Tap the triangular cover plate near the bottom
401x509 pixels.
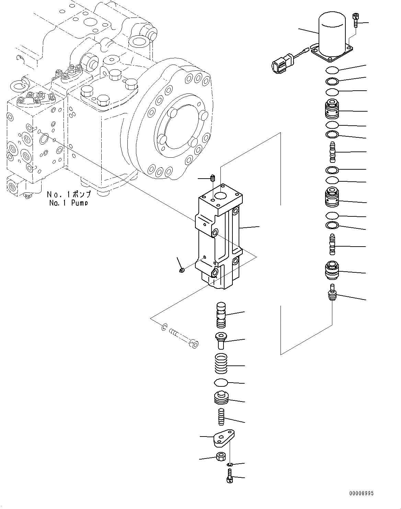point(223,438)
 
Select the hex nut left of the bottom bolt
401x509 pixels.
point(220,457)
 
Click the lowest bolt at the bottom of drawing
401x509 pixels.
point(230,477)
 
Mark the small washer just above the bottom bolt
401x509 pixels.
point(230,465)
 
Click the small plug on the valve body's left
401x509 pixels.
point(182,270)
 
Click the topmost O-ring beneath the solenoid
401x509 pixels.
point(332,70)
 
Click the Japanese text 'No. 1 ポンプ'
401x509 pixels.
point(69,194)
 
